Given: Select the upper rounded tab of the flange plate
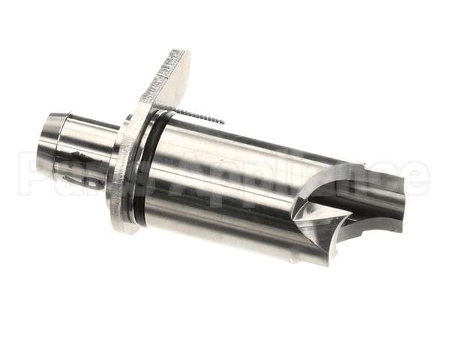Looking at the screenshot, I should (x=172, y=71).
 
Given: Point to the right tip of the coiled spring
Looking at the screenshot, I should (x=222, y=121).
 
